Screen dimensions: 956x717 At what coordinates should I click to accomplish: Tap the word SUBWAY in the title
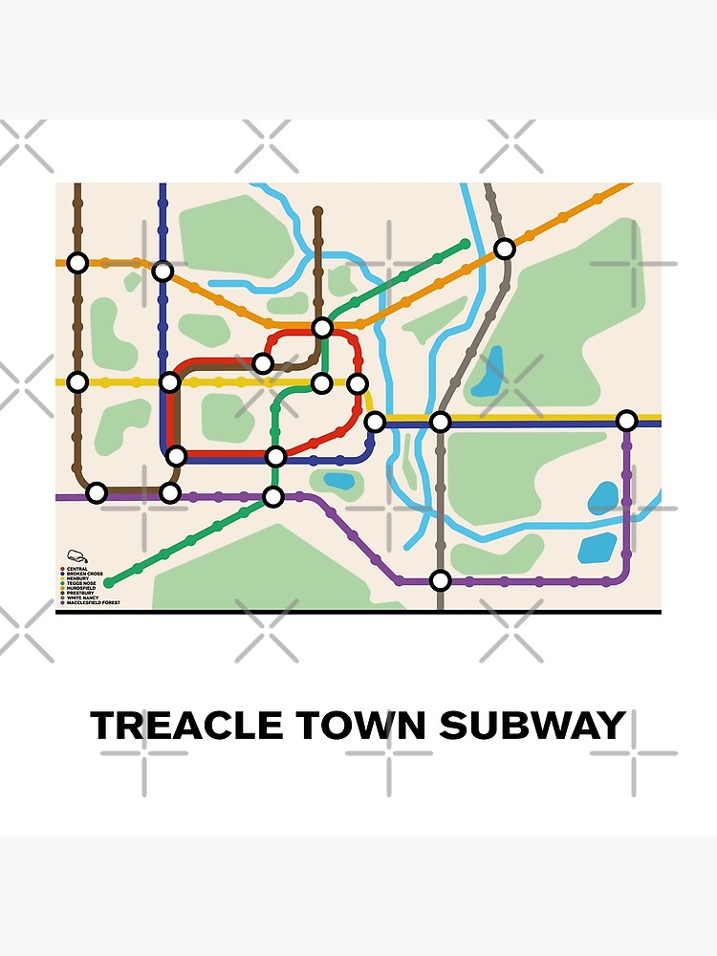pos(532,726)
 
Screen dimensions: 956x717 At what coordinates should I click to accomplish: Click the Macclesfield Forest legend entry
pos(92,603)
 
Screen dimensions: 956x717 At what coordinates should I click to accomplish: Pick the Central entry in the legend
pos(77,569)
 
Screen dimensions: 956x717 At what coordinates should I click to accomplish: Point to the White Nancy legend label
pos(81,597)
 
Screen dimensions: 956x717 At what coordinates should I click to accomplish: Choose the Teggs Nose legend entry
pos(79,583)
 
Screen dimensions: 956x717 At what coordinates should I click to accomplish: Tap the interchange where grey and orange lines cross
pos(504,249)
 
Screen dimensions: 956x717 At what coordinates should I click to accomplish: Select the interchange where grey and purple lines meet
pos(440,580)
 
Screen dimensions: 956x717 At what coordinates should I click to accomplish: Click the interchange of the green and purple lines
pos(273,496)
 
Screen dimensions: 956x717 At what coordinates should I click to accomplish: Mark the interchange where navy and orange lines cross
pos(163,271)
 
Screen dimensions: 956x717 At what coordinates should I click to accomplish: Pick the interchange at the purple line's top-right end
pos(626,421)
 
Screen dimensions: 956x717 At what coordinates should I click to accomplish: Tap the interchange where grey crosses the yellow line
pos(440,422)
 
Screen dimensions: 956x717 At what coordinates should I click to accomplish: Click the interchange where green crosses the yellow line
pos(322,383)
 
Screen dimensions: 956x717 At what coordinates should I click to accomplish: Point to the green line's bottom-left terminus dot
pos(108,582)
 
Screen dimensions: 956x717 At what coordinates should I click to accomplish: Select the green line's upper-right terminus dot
pos(466,244)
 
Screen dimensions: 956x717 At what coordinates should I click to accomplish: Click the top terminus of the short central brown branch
pos(317,210)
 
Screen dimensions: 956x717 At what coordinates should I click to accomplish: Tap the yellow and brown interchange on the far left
pos(77,382)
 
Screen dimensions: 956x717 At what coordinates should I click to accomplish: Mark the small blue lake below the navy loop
pos(338,481)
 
